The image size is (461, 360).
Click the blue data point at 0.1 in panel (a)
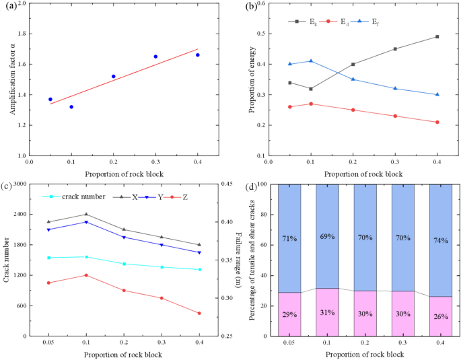click(71, 107)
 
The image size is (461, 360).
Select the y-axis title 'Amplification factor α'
click(11, 79)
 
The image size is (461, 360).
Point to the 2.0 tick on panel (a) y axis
click(20, 3)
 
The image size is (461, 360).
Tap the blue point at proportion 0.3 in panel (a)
click(155, 57)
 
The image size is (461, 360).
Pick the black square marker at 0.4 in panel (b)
click(437, 36)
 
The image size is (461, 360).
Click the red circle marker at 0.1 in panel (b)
click(310, 104)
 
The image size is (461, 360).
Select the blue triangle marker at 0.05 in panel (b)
click(290, 64)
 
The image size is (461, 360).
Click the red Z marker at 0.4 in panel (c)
click(199, 313)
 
